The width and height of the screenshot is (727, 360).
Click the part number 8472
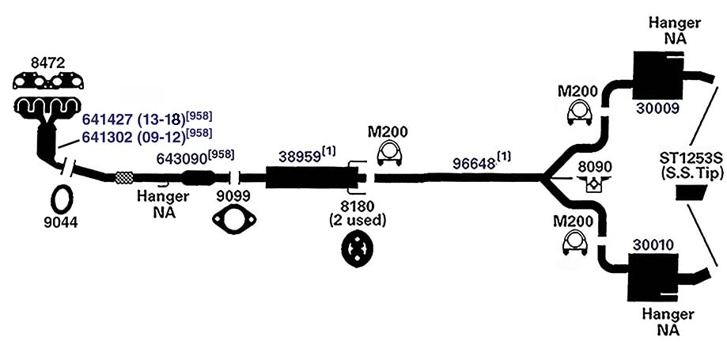click(47, 63)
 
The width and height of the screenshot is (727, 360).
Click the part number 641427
click(108, 119)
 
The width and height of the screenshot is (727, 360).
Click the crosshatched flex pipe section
click(123, 177)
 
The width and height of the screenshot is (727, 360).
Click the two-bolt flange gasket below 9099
click(234, 219)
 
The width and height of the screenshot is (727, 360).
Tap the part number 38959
click(300, 157)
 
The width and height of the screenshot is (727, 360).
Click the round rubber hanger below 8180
click(358, 251)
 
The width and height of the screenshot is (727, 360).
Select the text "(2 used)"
click(358, 220)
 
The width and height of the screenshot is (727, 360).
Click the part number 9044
click(61, 223)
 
